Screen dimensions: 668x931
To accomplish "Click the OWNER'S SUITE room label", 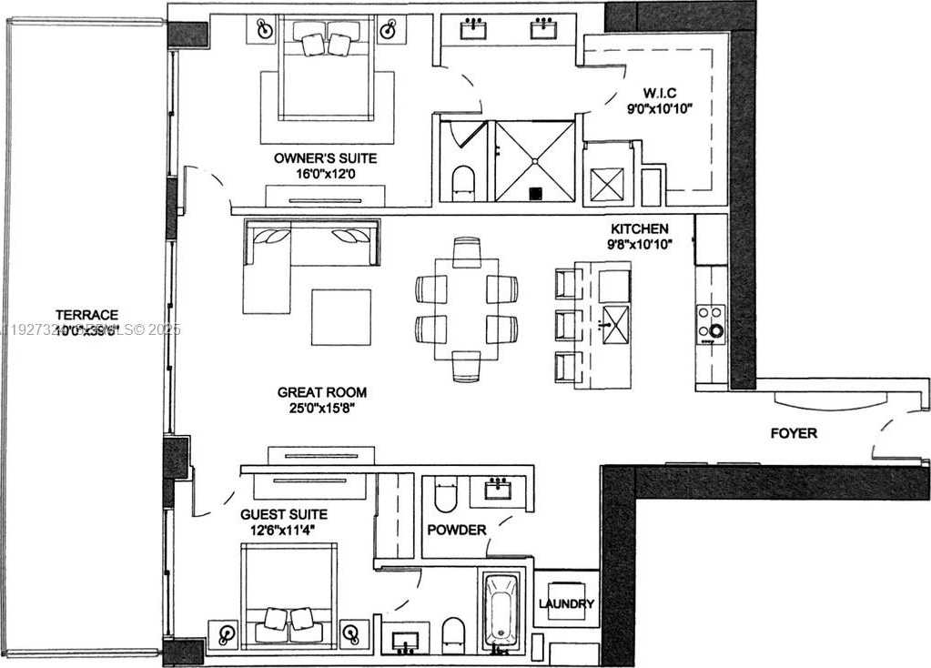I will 325,158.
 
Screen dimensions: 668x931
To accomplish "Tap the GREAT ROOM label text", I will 322,392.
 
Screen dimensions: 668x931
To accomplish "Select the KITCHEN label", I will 640,228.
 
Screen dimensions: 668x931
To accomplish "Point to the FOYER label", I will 794,433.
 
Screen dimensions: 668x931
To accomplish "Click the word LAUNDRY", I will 566,603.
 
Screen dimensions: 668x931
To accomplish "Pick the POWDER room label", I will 457,530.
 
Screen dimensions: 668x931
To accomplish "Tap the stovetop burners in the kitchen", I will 711,324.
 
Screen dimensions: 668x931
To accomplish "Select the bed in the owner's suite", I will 325,73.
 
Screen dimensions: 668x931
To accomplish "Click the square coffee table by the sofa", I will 340,317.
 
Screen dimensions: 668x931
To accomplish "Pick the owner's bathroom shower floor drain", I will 536,192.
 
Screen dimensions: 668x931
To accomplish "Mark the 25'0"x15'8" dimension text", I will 322,408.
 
